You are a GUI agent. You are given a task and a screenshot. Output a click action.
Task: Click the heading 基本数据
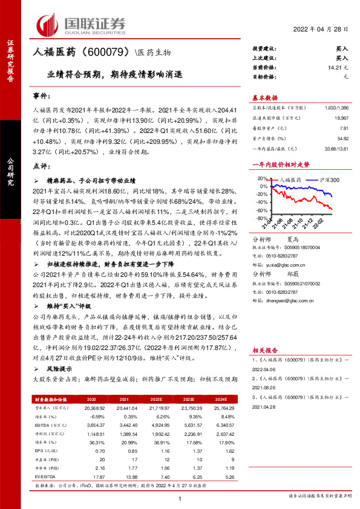pyautogui.click(x=264, y=97)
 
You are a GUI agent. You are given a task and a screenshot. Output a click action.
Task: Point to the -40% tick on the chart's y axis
pyautogui.click(x=261, y=203)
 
